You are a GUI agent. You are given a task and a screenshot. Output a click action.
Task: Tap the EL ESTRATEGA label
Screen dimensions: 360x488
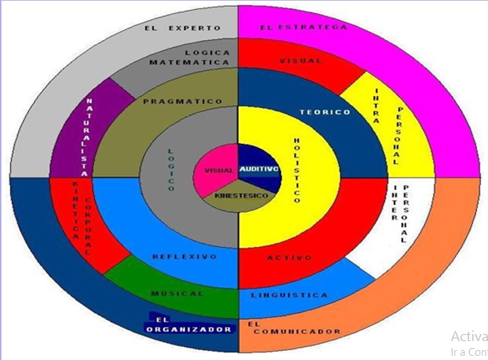pyautogui.click(x=303, y=27)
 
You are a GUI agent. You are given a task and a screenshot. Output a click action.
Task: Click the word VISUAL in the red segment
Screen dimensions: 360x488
pyautogui.click(x=301, y=61)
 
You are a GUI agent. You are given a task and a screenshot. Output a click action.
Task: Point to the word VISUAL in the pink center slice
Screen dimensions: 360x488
pyautogui.click(x=218, y=171)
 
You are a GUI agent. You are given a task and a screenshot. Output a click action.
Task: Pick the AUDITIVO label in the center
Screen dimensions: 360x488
pyautogui.click(x=259, y=170)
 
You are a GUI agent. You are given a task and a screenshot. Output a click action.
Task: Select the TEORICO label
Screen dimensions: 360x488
pyautogui.click(x=324, y=112)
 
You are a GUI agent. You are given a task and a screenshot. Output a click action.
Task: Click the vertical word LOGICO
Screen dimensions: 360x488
pyautogui.click(x=170, y=169)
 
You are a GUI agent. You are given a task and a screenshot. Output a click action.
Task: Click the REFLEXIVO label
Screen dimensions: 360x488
pyautogui.click(x=185, y=257)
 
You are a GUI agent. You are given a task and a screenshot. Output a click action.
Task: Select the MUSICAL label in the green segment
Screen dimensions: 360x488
pyautogui.click(x=177, y=293)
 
